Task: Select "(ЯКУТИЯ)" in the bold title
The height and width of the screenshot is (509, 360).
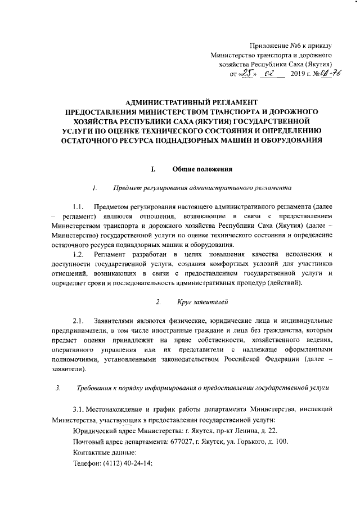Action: coord(209,120)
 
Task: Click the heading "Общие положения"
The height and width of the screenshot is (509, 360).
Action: coord(199,169)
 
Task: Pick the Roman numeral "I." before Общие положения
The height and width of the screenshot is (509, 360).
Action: coord(153,169)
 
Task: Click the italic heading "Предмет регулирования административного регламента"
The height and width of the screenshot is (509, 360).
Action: coord(201,188)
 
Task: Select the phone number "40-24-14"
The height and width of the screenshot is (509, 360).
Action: coord(137,464)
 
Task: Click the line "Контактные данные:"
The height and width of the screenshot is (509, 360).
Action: coord(105,453)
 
